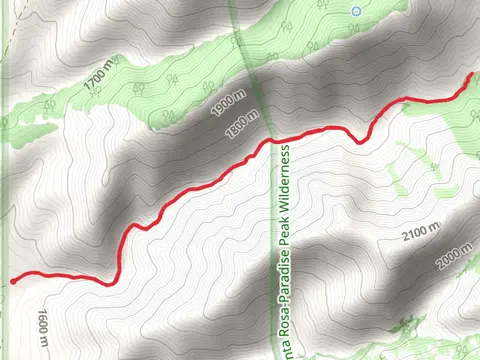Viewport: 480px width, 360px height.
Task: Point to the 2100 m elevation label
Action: (x=420, y=235)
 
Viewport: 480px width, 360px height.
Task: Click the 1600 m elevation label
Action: (x=43, y=328)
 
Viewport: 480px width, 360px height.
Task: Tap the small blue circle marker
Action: (x=355, y=11)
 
